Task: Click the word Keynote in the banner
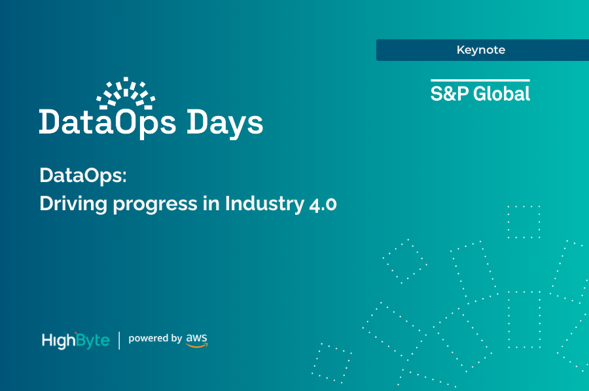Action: pyautogui.click(x=481, y=50)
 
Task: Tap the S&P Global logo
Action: pyautogui.click(x=480, y=92)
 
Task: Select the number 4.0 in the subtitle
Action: pyautogui.click(x=322, y=204)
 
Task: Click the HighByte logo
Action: pyautogui.click(x=75, y=340)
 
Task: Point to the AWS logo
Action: pyautogui.click(x=196, y=339)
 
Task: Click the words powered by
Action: pyautogui.click(x=155, y=339)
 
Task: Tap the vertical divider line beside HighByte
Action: pyautogui.click(x=119, y=340)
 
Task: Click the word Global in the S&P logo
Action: pyautogui.click(x=502, y=94)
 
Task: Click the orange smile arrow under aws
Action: pyautogui.click(x=197, y=344)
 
